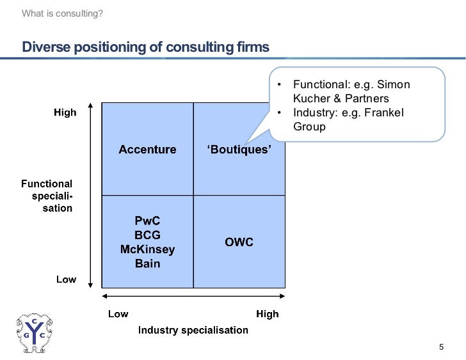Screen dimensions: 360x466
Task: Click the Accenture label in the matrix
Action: (x=147, y=150)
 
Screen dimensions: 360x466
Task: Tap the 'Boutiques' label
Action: (x=239, y=150)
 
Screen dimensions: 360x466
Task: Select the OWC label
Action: (x=239, y=242)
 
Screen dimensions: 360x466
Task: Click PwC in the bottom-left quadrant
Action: (x=147, y=221)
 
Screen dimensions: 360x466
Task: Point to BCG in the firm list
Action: (x=147, y=235)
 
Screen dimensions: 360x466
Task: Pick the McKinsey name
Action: (x=147, y=249)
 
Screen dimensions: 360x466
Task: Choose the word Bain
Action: (x=147, y=263)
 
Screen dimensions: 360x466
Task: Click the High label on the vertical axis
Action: (x=65, y=113)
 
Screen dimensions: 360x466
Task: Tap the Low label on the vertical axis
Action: (x=66, y=279)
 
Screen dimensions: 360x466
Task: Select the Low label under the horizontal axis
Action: (x=118, y=314)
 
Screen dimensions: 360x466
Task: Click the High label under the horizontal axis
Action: (x=267, y=314)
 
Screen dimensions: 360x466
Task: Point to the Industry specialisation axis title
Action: (x=193, y=330)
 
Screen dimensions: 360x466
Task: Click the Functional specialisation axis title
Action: (x=47, y=196)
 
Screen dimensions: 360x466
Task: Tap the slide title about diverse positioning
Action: (x=146, y=48)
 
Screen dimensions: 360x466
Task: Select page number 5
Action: (x=440, y=347)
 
